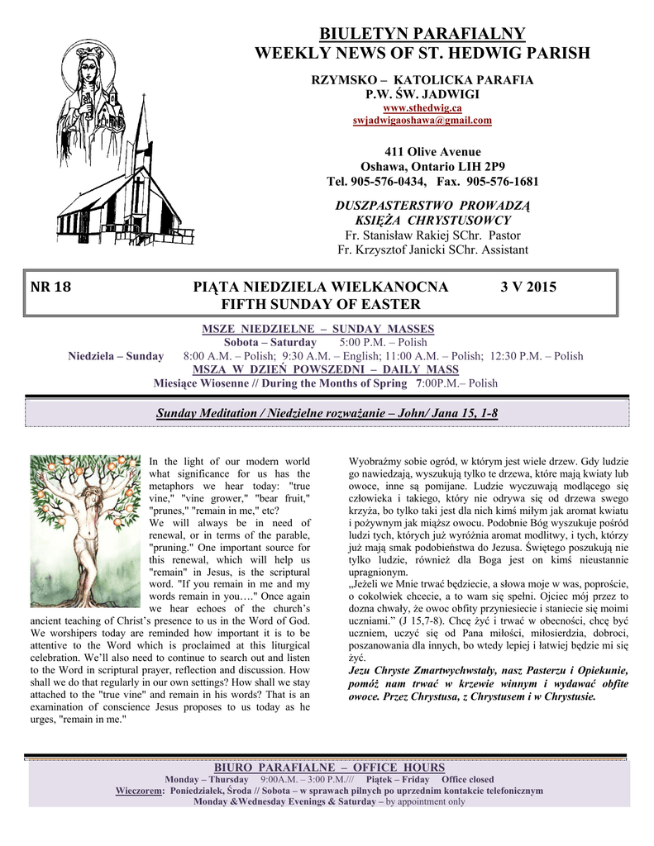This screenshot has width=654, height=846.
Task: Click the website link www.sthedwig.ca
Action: [422, 107]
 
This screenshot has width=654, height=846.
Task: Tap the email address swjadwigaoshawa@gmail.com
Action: [422, 120]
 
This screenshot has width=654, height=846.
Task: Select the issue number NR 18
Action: [50, 288]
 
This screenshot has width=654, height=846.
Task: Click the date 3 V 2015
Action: [528, 288]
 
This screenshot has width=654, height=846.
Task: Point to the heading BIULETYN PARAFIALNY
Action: [422, 34]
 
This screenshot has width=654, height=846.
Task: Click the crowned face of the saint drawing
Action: [88, 68]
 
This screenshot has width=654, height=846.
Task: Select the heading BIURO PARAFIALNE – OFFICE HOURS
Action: [329, 768]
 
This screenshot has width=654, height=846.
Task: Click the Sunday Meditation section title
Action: [327, 412]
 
